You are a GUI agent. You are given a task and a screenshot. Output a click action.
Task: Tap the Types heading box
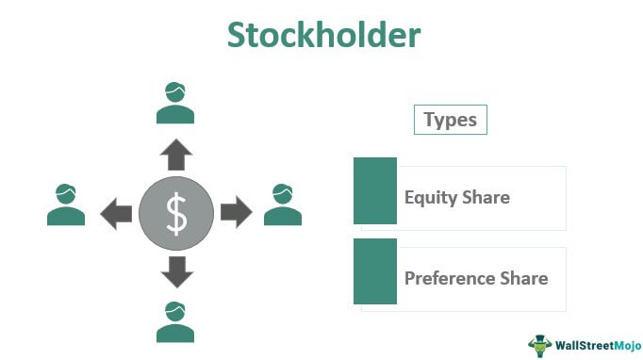click(450, 120)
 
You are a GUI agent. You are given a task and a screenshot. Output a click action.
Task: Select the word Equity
click(430, 198)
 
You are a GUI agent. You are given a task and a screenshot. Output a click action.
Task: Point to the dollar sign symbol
click(176, 214)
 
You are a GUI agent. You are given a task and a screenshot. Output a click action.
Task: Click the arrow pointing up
click(176, 154)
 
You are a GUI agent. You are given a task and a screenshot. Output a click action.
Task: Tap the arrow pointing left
click(116, 213)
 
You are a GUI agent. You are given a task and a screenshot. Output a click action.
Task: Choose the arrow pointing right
click(236, 213)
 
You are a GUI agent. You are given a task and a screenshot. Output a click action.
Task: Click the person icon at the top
click(176, 104)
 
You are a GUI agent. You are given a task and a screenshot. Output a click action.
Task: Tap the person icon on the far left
click(66, 205)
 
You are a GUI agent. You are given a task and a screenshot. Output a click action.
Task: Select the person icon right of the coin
click(283, 205)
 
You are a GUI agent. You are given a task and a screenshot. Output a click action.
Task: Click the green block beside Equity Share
click(374, 190)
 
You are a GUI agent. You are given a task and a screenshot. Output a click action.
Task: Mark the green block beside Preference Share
click(374, 271)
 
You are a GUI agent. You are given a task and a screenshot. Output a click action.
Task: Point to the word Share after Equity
click(485, 198)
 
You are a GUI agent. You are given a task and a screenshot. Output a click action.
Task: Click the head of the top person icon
click(176, 93)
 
